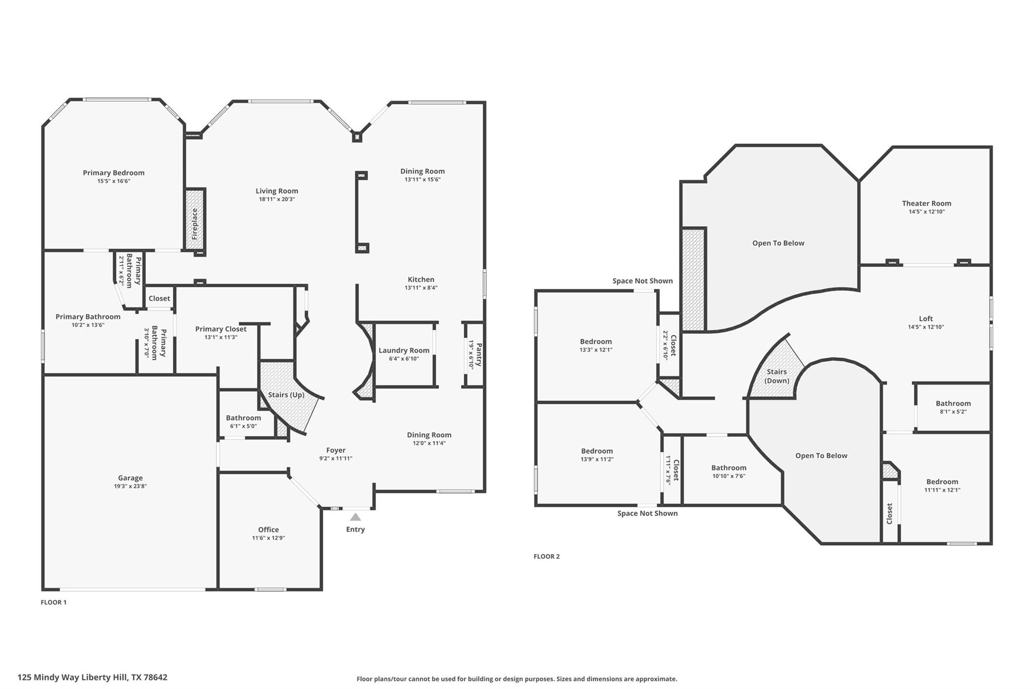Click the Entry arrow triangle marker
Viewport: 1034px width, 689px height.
[x=355, y=517]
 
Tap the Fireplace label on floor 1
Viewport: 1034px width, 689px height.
[x=195, y=224]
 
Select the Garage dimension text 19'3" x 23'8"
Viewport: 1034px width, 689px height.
[x=130, y=486]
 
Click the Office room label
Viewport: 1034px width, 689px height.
[x=268, y=529]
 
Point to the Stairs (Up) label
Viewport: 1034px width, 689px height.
[x=286, y=395]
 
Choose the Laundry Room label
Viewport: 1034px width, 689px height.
[x=404, y=350]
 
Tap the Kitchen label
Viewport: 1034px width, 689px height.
[x=421, y=279]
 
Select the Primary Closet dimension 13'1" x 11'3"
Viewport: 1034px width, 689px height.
[x=221, y=337]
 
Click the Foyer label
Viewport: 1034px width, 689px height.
[x=336, y=450]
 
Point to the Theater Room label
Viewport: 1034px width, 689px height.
[x=926, y=203]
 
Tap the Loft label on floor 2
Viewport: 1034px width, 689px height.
[x=925, y=319]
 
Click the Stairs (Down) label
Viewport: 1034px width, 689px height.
[x=777, y=376]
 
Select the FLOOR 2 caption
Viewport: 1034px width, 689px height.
[x=546, y=556]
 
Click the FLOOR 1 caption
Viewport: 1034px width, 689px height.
[x=54, y=602]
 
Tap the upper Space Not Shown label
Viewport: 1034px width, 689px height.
[x=642, y=281]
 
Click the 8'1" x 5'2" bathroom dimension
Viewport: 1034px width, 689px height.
[x=953, y=411]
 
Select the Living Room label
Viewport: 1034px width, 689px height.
[x=277, y=191]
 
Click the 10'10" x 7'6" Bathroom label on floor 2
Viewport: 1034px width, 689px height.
[x=729, y=468]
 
